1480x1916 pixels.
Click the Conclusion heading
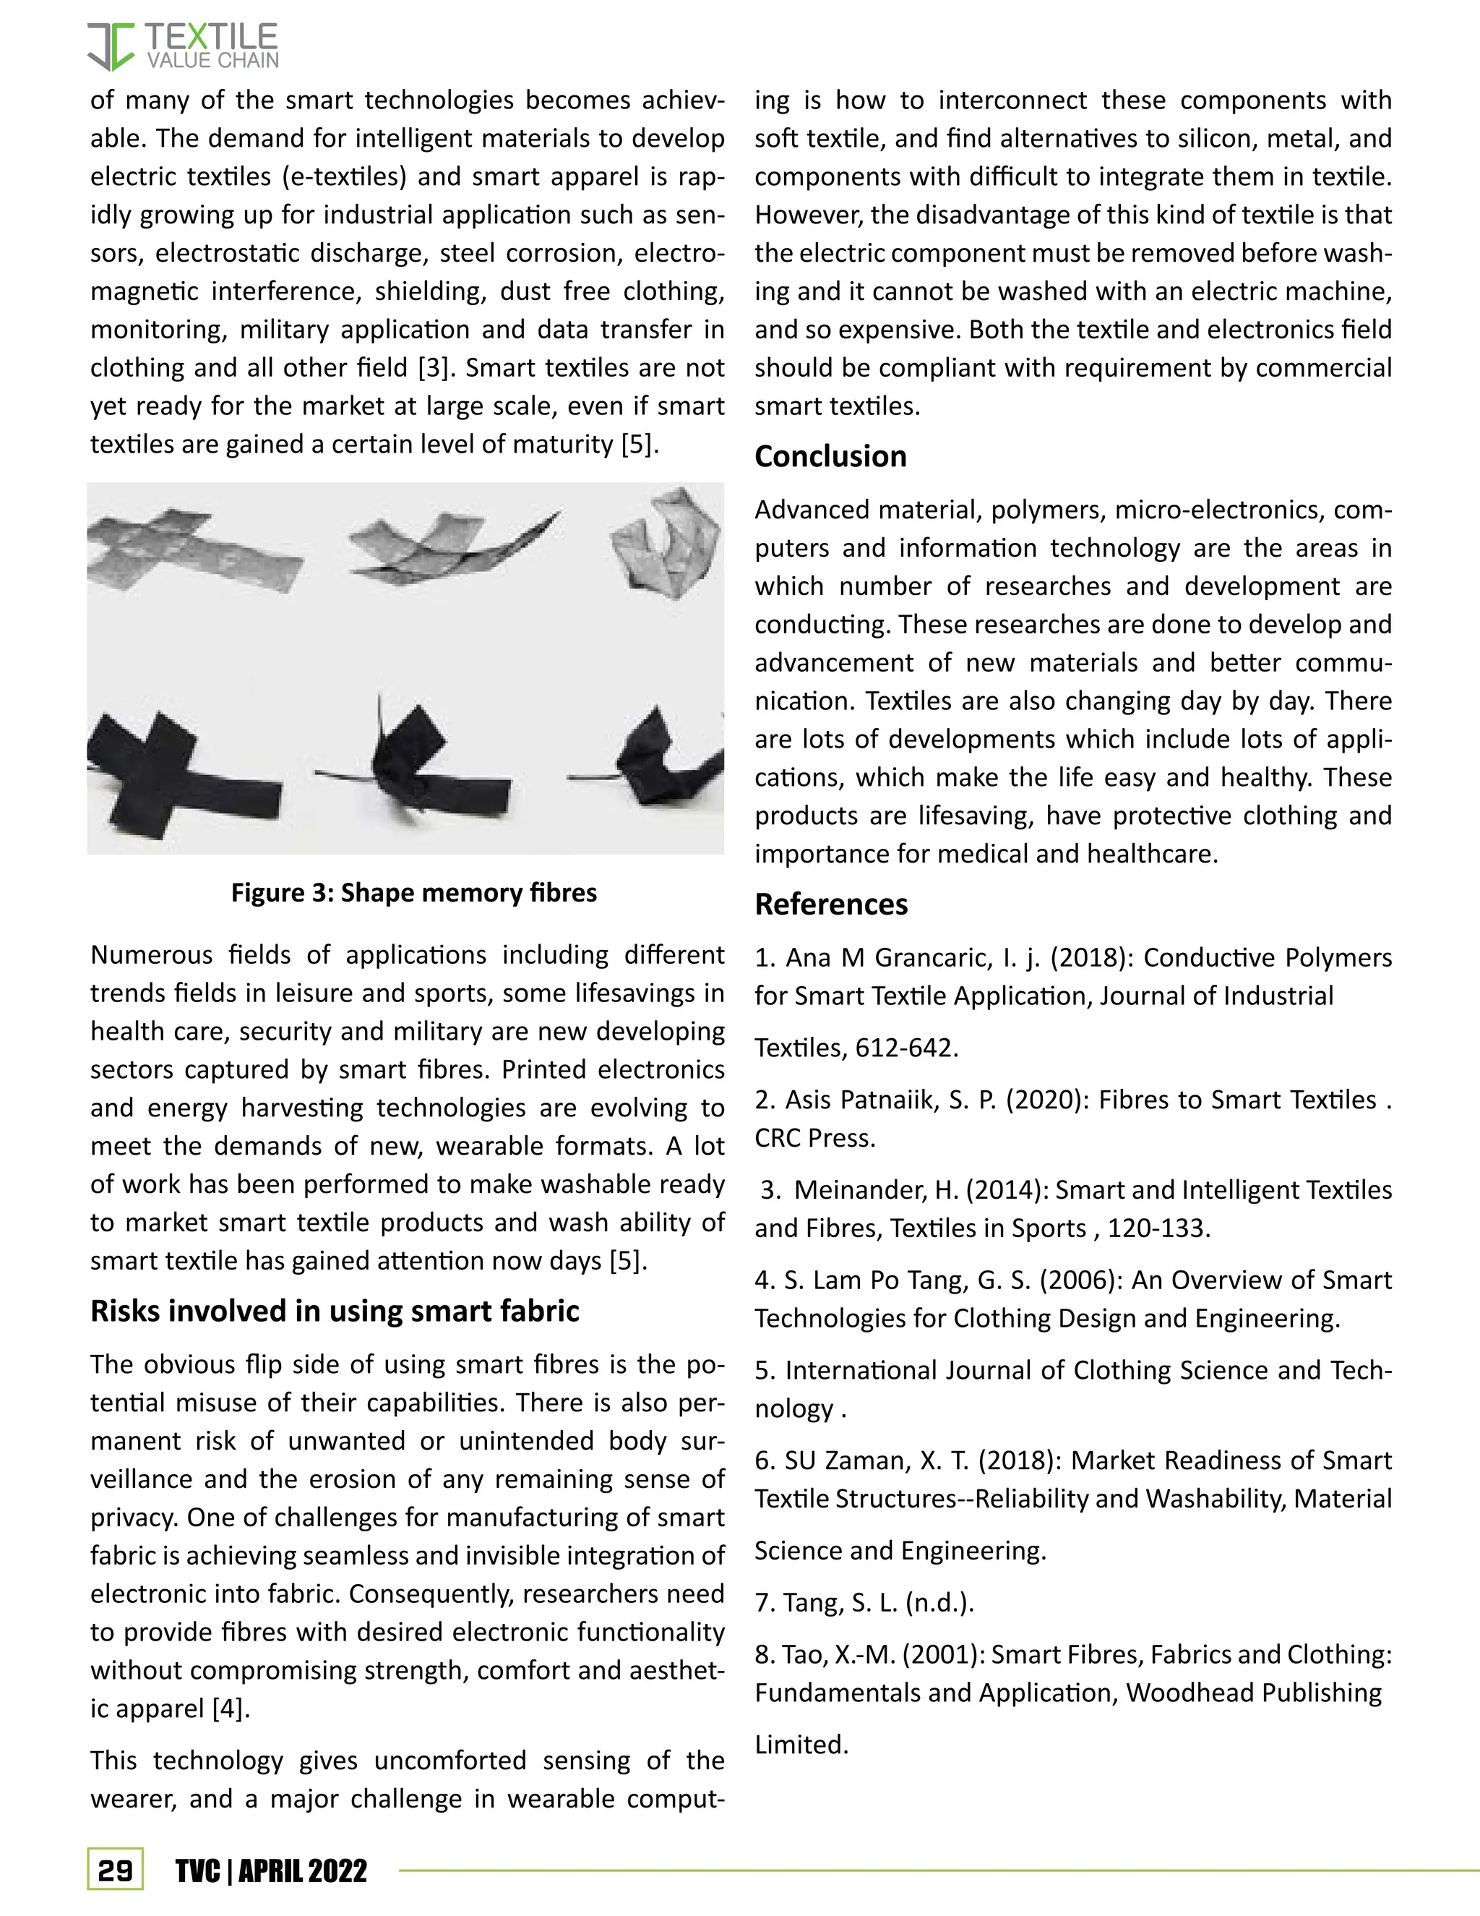pos(830,456)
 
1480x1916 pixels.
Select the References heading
pos(830,904)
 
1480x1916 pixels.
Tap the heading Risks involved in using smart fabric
pos(334,1311)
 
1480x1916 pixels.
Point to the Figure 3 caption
pos(414,892)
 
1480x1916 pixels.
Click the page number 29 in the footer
pos(115,1871)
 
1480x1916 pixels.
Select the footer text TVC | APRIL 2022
pos(271,1871)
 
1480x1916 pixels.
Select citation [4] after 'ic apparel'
pos(231,1708)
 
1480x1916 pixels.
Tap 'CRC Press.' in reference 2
pos(814,1138)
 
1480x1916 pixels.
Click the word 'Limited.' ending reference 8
pos(801,1744)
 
